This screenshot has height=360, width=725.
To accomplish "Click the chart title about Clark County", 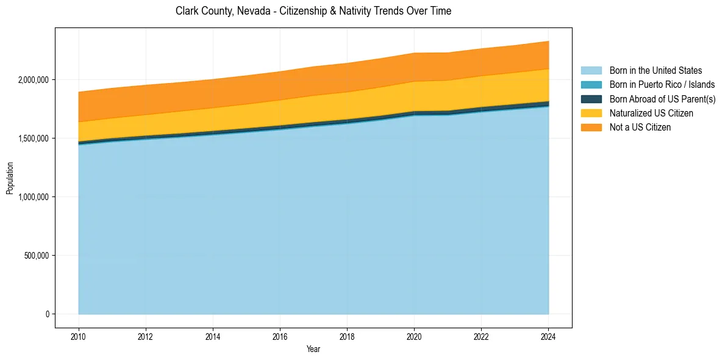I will pos(313,11).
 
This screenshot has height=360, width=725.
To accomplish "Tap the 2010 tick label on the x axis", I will pos(79,336).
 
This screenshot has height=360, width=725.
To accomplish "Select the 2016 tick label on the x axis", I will pos(280,336).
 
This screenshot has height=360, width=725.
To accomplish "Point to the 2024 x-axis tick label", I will pos(549,336).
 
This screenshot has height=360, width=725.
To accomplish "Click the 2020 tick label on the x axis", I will pos(415,336).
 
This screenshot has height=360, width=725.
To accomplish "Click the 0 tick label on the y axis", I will pos(46,314).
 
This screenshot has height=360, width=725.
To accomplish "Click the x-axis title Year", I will pos(313,350).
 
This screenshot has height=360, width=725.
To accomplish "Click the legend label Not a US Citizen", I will pos(640,128).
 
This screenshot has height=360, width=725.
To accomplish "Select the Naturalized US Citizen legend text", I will pos(651,113).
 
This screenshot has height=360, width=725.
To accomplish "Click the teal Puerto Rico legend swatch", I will pos(591,85).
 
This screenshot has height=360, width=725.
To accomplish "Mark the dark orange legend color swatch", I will pos(591,128).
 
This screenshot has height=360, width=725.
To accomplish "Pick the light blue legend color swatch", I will pos(591,71).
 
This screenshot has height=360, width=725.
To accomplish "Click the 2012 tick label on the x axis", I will pos(146,336).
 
